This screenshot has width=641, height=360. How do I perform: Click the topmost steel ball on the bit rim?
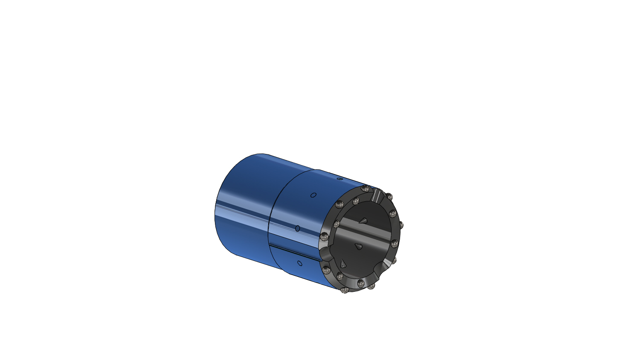coord(365,189)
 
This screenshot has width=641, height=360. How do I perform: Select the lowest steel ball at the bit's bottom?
coord(344,290)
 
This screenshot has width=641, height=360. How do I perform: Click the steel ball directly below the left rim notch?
coord(326,270)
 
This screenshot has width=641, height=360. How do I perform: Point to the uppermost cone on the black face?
coord(363,221)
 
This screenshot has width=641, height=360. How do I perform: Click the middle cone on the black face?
coord(358,246)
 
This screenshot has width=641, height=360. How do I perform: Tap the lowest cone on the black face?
coord(343,263)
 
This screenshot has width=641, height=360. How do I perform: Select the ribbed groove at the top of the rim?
coord(377,196)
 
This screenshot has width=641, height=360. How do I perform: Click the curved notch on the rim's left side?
coord(326,254)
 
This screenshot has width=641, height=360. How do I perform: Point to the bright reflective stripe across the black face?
coord(367,232)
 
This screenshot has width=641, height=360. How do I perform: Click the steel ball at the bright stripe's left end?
coord(337,223)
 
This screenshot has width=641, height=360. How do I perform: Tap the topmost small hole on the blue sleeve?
coord(339,179)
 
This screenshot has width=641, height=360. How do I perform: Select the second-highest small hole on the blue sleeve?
coord(313,195)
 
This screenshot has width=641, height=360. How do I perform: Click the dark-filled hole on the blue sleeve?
coord(297,229)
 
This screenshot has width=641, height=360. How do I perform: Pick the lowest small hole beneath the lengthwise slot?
coord(299,263)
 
